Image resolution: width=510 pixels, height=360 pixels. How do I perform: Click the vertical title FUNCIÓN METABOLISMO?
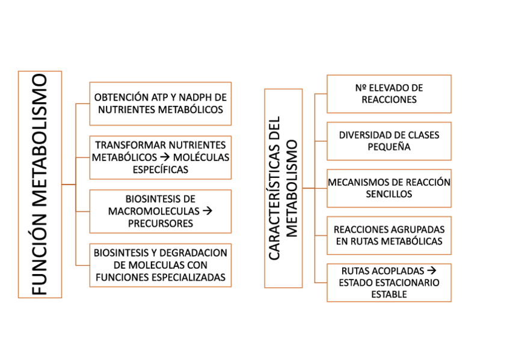(x=40, y=184)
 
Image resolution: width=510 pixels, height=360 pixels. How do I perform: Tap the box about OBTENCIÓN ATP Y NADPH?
(x=160, y=103)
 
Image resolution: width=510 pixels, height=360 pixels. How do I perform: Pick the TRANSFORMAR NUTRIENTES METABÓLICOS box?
(x=160, y=157)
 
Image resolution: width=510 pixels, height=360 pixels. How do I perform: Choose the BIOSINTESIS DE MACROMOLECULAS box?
(x=160, y=211)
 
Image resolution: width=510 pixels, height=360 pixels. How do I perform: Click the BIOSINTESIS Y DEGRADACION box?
(x=160, y=265)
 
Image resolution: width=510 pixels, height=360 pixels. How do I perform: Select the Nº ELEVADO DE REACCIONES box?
(x=389, y=94)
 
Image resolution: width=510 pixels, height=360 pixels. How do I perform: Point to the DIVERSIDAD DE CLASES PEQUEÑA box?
(x=389, y=141)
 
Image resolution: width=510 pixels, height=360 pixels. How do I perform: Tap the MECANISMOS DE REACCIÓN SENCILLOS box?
(x=389, y=188)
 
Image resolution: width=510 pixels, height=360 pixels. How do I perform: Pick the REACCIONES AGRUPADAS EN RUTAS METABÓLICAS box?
(x=389, y=236)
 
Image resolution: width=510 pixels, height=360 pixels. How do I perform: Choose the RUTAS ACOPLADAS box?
(x=389, y=282)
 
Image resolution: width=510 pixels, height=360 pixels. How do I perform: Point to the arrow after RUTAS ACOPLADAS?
(x=431, y=271)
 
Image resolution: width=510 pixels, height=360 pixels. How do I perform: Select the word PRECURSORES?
(x=160, y=223)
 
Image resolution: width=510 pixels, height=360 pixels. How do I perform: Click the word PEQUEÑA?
(x=389, y=147)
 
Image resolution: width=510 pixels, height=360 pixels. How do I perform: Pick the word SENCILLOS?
(x=389, y=194)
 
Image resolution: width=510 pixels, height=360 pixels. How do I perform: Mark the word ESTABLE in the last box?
(x=389, y=294)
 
